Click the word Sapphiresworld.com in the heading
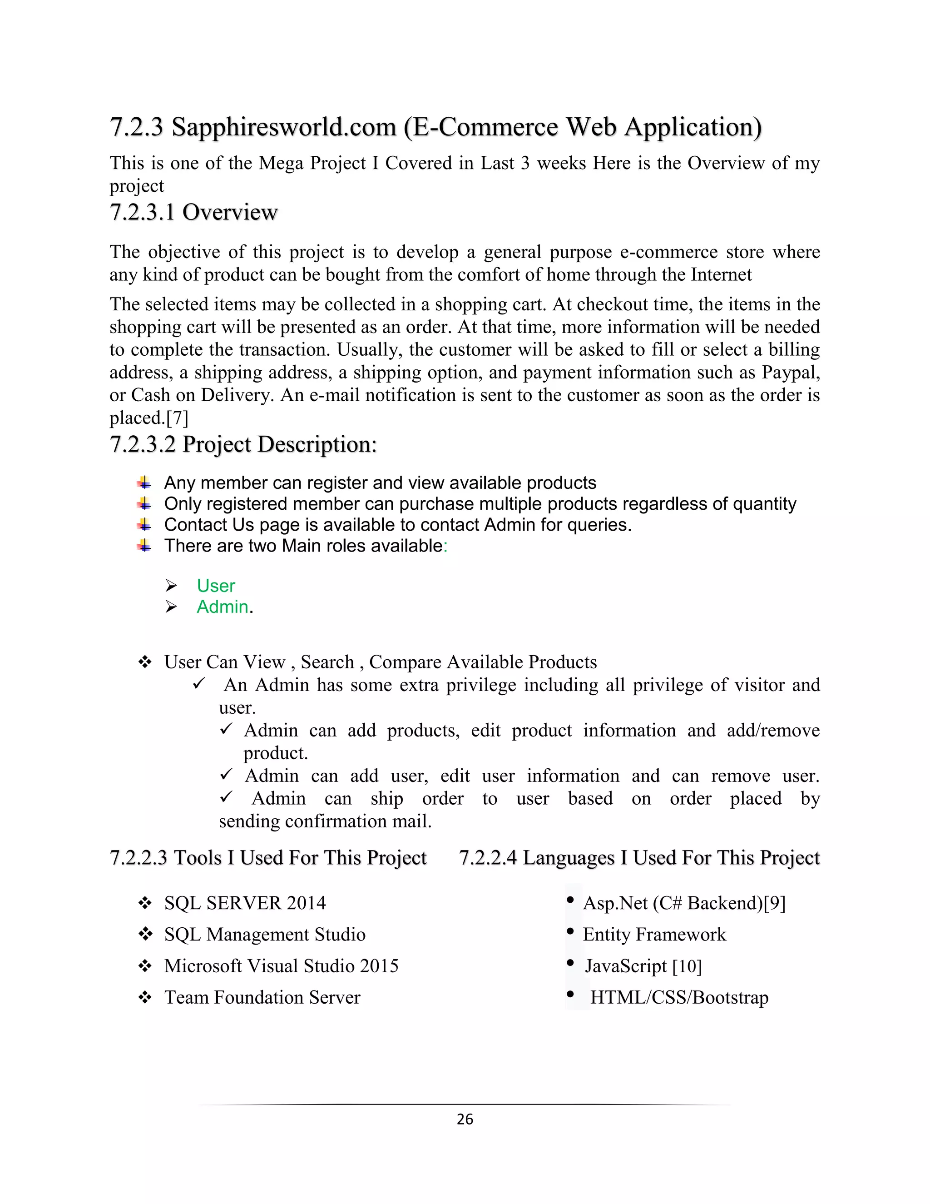point(284,127)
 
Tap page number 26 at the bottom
point(465,1119)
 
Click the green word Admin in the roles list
point(222,607)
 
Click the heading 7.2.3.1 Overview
point(193,212)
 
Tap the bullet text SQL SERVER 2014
point(245,903)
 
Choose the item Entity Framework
point(654,935)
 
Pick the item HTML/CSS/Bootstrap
point(679,997)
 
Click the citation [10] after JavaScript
point(687,966)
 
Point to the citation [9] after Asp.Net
point(774,903)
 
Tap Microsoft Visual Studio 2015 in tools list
point(281,966)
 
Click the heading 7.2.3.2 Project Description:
point(243,444)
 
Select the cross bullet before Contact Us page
point(144,524)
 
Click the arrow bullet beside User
point(171,586)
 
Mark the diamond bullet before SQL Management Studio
point(145,935)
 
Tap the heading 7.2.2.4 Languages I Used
point(639,858)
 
